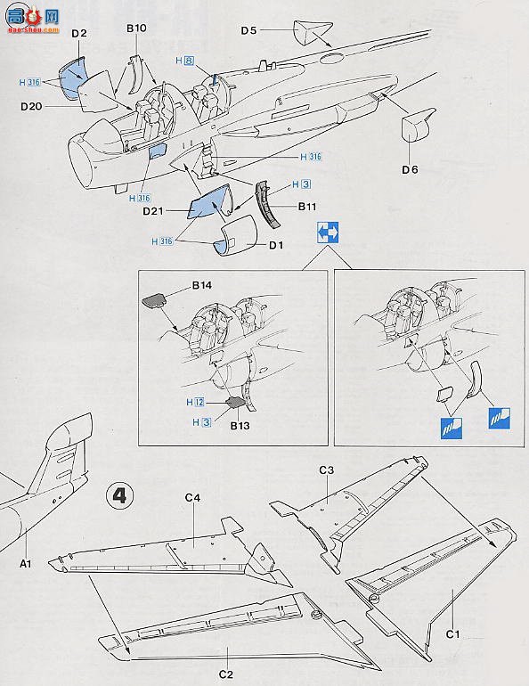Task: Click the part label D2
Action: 78,34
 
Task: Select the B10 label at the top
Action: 135,29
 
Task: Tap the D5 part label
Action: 248,29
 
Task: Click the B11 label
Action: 307,206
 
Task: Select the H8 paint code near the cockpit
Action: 184,61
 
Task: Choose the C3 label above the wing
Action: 327,470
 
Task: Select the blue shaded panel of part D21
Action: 210,204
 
